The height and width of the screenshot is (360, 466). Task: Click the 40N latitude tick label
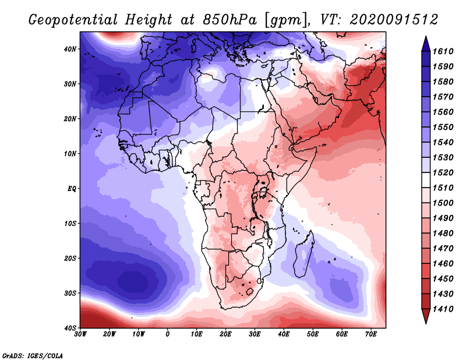click(x=70, y=49)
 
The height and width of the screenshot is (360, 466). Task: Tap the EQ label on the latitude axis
click(x=72, y=189)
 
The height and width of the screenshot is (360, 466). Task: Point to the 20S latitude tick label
click(x=70, y=258)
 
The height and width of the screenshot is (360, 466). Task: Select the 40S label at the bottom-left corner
click(x=70, y=328)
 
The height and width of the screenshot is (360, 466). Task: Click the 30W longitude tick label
click(x=80, y=334)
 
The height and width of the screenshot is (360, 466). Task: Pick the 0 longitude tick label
click(x=168, y=334)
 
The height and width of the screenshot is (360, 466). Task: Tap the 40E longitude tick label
click(x=284, y=334)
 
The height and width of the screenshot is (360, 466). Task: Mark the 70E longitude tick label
click(x=371, y=334)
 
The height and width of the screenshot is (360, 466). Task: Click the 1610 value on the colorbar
click(x=443, y=51)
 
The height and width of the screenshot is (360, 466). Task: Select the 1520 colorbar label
click(x=443, y=172)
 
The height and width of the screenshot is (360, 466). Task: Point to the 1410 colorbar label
click(x=443, y=309)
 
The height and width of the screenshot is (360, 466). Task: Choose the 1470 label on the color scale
click(x=443, y=249)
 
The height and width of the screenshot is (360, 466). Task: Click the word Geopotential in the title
click(x=73, y=20)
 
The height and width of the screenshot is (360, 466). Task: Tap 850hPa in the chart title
click(x=230, y=20)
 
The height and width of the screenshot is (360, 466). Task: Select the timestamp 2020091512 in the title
click(x=394, y=20)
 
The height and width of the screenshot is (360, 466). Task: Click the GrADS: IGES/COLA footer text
click(x=33, y=355)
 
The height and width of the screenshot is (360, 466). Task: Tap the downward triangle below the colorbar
click(x=426, y=316)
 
